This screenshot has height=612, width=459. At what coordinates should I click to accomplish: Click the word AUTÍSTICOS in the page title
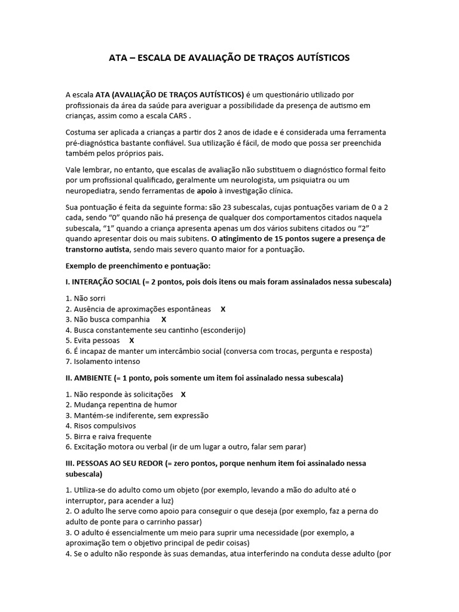[315, 58]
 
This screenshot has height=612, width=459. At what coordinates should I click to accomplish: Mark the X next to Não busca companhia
[164, 320]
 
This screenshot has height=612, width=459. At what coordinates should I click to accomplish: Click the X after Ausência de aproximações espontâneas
[223, 309]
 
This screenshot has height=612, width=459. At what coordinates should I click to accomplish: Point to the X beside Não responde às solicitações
[183, 394]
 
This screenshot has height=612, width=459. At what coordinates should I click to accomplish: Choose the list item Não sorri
[88, 298]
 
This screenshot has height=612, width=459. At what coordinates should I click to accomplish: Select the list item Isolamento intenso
[106, 361]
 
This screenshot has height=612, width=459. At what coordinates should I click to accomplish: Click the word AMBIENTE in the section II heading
[96, 378]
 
